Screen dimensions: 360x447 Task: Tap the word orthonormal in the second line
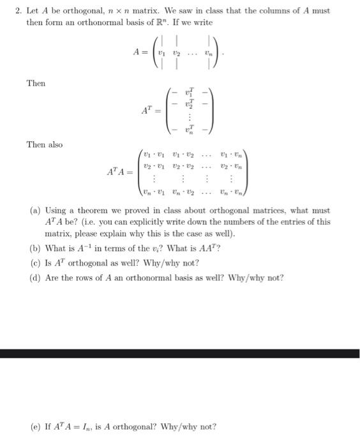pos(91,22)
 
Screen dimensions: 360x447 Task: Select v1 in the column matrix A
pos(163,53)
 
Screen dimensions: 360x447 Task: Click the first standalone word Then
pos(36,83)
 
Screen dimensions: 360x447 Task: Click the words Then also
pos(44,145)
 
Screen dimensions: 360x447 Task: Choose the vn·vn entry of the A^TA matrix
pos(230,190)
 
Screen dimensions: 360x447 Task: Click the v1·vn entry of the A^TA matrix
pos(230,154)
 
